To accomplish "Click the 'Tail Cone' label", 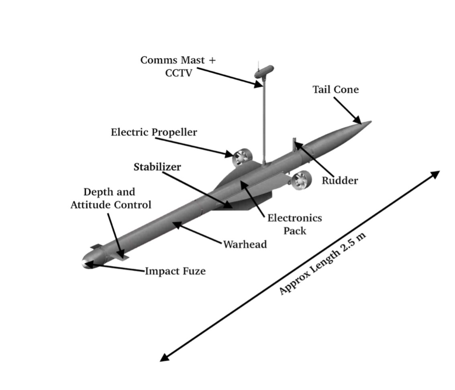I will pos(335,89).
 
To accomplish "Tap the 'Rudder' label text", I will pos(340,180).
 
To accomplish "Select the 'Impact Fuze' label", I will pos(175,271).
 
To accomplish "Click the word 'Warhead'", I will pos(245,244).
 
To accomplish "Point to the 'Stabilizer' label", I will pos(157,167).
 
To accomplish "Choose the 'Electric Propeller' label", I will pos(154,132).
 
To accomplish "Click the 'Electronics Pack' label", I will pos(295,224).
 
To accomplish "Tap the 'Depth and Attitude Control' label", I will pos(111,198).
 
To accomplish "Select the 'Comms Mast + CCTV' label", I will pos(178,66).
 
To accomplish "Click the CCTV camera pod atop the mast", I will pos(264,71).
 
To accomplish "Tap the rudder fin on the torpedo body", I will pos(294,145).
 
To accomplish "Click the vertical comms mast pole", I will pos(264,120).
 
